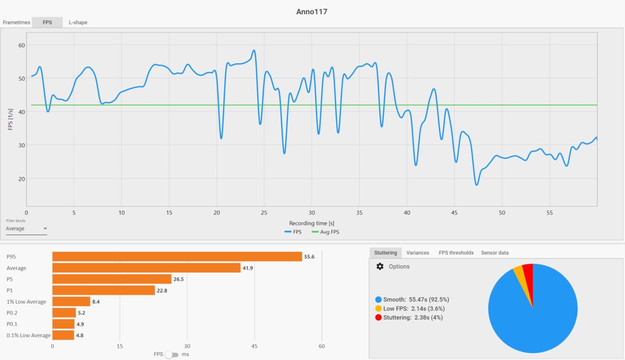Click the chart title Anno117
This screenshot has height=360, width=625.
(312, 12)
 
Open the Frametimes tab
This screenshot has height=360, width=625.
(16, 22)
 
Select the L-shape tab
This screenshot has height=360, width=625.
(78, 22)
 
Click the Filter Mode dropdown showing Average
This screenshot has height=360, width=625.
(26, 229)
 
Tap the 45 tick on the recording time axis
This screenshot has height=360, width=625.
(454, 213)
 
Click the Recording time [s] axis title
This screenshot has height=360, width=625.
(312, 223)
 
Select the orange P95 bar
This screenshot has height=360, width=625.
(177, 257)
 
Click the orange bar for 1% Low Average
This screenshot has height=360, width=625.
(71, 302)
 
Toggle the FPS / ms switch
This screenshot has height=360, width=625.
(172, 354)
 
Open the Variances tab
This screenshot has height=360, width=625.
(417, 252)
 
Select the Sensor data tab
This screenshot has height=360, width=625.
(495, 252)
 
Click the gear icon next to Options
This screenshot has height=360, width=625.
(380, 266)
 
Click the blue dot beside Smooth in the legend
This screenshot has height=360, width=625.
(379, 300)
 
